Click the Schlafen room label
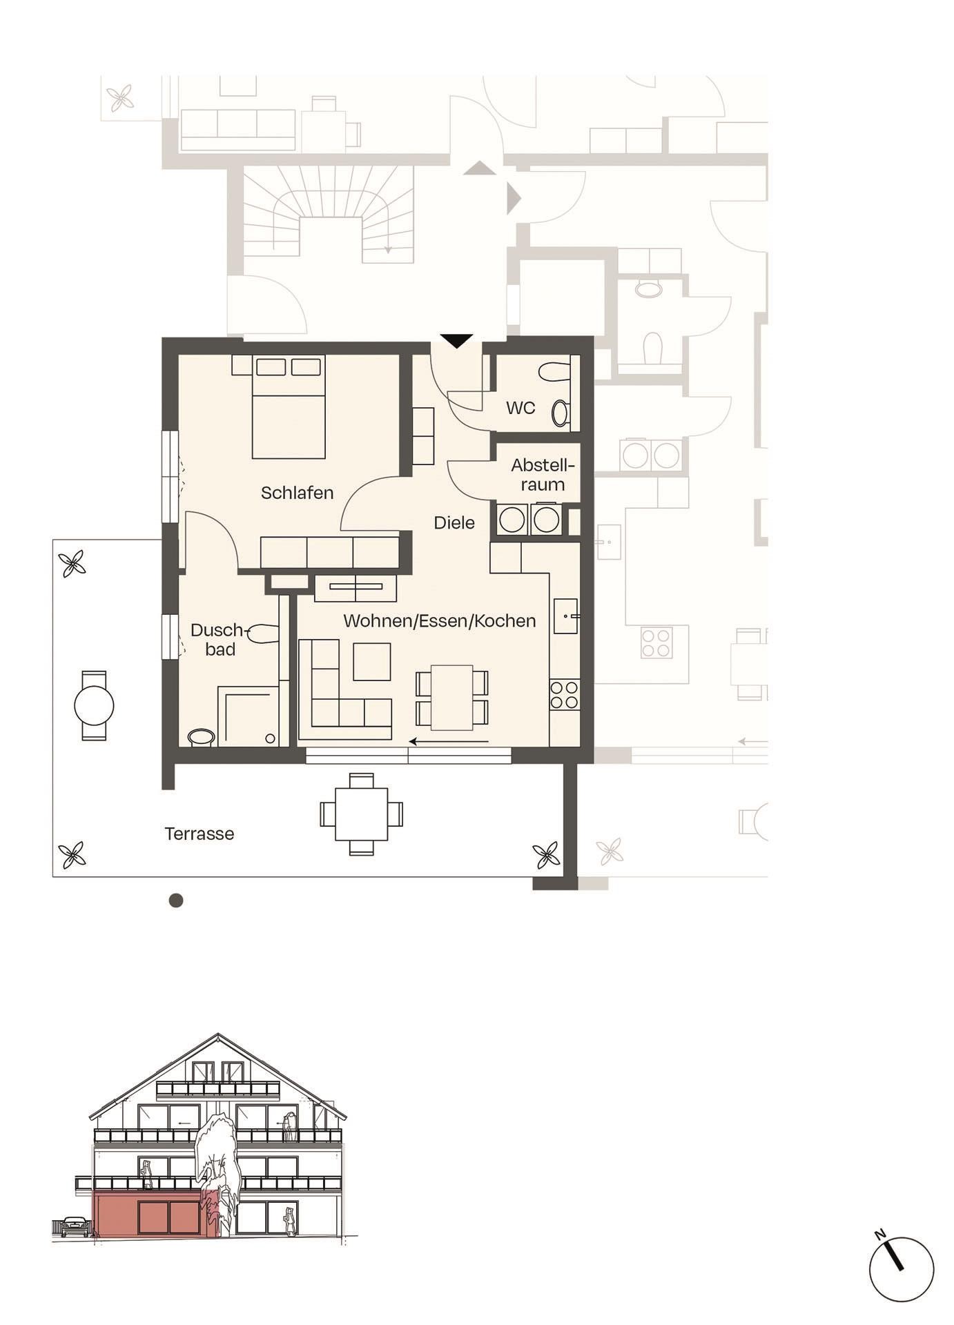297,493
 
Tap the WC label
520,408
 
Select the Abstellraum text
543,475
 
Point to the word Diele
454,522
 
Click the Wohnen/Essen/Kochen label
439,620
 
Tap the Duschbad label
219,640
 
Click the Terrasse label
199,834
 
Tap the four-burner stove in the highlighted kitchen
564,694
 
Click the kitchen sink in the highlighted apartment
565,616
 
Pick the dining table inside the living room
452,698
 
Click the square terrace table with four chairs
361,814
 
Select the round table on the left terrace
94,705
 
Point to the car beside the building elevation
75,1227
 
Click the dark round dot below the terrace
176,900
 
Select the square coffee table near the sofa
372,662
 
